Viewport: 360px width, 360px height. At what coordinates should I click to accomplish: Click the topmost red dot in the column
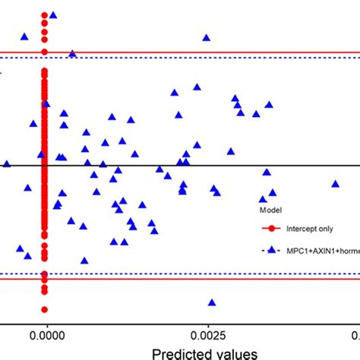[45, 15]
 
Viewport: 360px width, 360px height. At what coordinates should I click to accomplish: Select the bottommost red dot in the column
[45, 309]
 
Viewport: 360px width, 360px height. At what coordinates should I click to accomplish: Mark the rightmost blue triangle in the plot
[335, 183]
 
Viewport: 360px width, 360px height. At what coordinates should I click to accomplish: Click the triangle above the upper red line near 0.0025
[206, 37]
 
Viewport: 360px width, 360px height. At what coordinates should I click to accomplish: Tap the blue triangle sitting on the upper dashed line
[72, 53]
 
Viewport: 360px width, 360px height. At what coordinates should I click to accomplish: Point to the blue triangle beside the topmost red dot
[52, 14]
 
